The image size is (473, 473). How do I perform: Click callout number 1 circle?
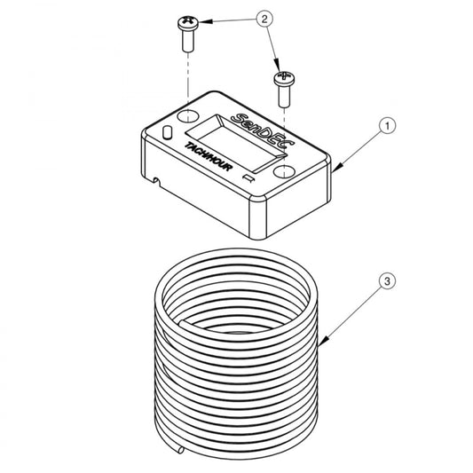(387, 125)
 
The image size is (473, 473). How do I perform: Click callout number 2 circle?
(264, 19)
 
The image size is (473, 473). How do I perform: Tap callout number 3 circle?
(387, 281)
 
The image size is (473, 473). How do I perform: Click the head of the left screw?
(188, 23)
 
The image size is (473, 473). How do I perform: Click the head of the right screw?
(284, 78)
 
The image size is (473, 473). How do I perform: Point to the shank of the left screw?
(187, 40)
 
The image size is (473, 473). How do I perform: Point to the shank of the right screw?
(285, 96)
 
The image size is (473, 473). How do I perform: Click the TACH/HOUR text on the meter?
(209, 156)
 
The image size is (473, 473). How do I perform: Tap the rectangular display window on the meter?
(234, 144)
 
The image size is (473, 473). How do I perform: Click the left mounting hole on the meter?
(187, 116)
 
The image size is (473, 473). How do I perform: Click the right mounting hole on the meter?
(284, 172)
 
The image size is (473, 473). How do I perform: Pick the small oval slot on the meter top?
(167, 132)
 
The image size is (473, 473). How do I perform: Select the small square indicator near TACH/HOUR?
(249, 178)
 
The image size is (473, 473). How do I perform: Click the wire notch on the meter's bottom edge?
(156, 181)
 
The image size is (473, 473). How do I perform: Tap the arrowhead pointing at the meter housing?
(338, 167)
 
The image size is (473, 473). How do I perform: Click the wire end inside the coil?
(183, 324)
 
